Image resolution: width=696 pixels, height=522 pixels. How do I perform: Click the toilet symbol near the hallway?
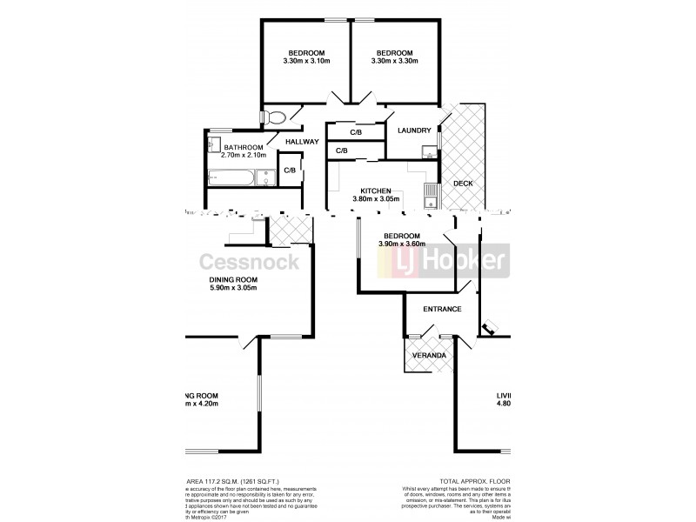[274, 117]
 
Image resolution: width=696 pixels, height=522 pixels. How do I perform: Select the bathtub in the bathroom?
[232, 178]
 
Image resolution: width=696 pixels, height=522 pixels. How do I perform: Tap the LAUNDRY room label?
[413, 130]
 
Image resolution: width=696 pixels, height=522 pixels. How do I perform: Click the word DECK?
[463, 184]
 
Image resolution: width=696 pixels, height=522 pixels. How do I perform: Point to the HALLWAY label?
[302, 142]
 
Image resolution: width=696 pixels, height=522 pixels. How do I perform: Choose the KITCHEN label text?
[376, 191]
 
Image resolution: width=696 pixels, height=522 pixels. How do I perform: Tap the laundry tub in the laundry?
[427, 153]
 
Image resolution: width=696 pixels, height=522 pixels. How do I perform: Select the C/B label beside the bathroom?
[289, 171]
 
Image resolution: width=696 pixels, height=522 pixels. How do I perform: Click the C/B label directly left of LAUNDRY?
[356, 133]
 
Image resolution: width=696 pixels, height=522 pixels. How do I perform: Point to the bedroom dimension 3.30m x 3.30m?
[394, 61]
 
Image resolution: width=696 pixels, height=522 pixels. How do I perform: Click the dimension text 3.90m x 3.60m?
[401, 244]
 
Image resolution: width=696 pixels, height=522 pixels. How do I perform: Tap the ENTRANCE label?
[442, 310]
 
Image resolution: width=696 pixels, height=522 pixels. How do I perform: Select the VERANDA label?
[429, 356]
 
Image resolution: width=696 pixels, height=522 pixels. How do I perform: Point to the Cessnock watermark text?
[250, 262]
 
